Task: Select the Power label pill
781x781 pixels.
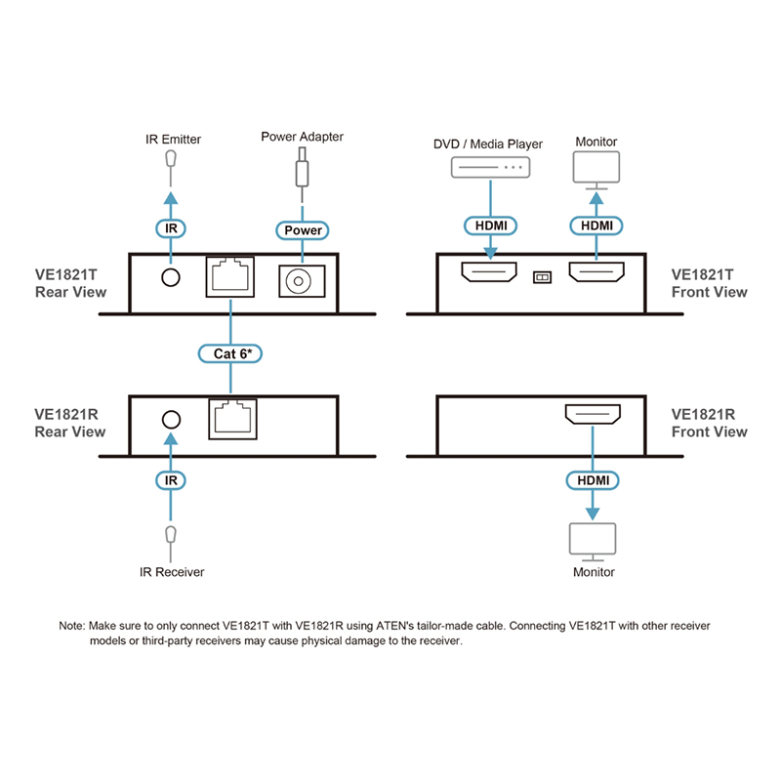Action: (x=303, y=230)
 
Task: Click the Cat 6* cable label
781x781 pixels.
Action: (x=231, y=352)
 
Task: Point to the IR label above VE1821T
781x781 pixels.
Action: (x=172, y=229)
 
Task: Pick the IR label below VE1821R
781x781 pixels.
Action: (x=172, y=480)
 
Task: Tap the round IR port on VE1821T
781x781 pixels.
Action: (x=172, y=278)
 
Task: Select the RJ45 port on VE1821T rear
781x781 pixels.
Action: (x=230, y=277)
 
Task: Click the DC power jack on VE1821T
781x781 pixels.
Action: (x=301, y=282)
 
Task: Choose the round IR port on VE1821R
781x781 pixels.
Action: (x=172, y=420)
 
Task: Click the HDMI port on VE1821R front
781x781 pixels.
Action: (x=592, y=417)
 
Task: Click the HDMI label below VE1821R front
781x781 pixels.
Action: (x=592, y=480)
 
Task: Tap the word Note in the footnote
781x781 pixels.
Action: (x=72, y=625)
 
